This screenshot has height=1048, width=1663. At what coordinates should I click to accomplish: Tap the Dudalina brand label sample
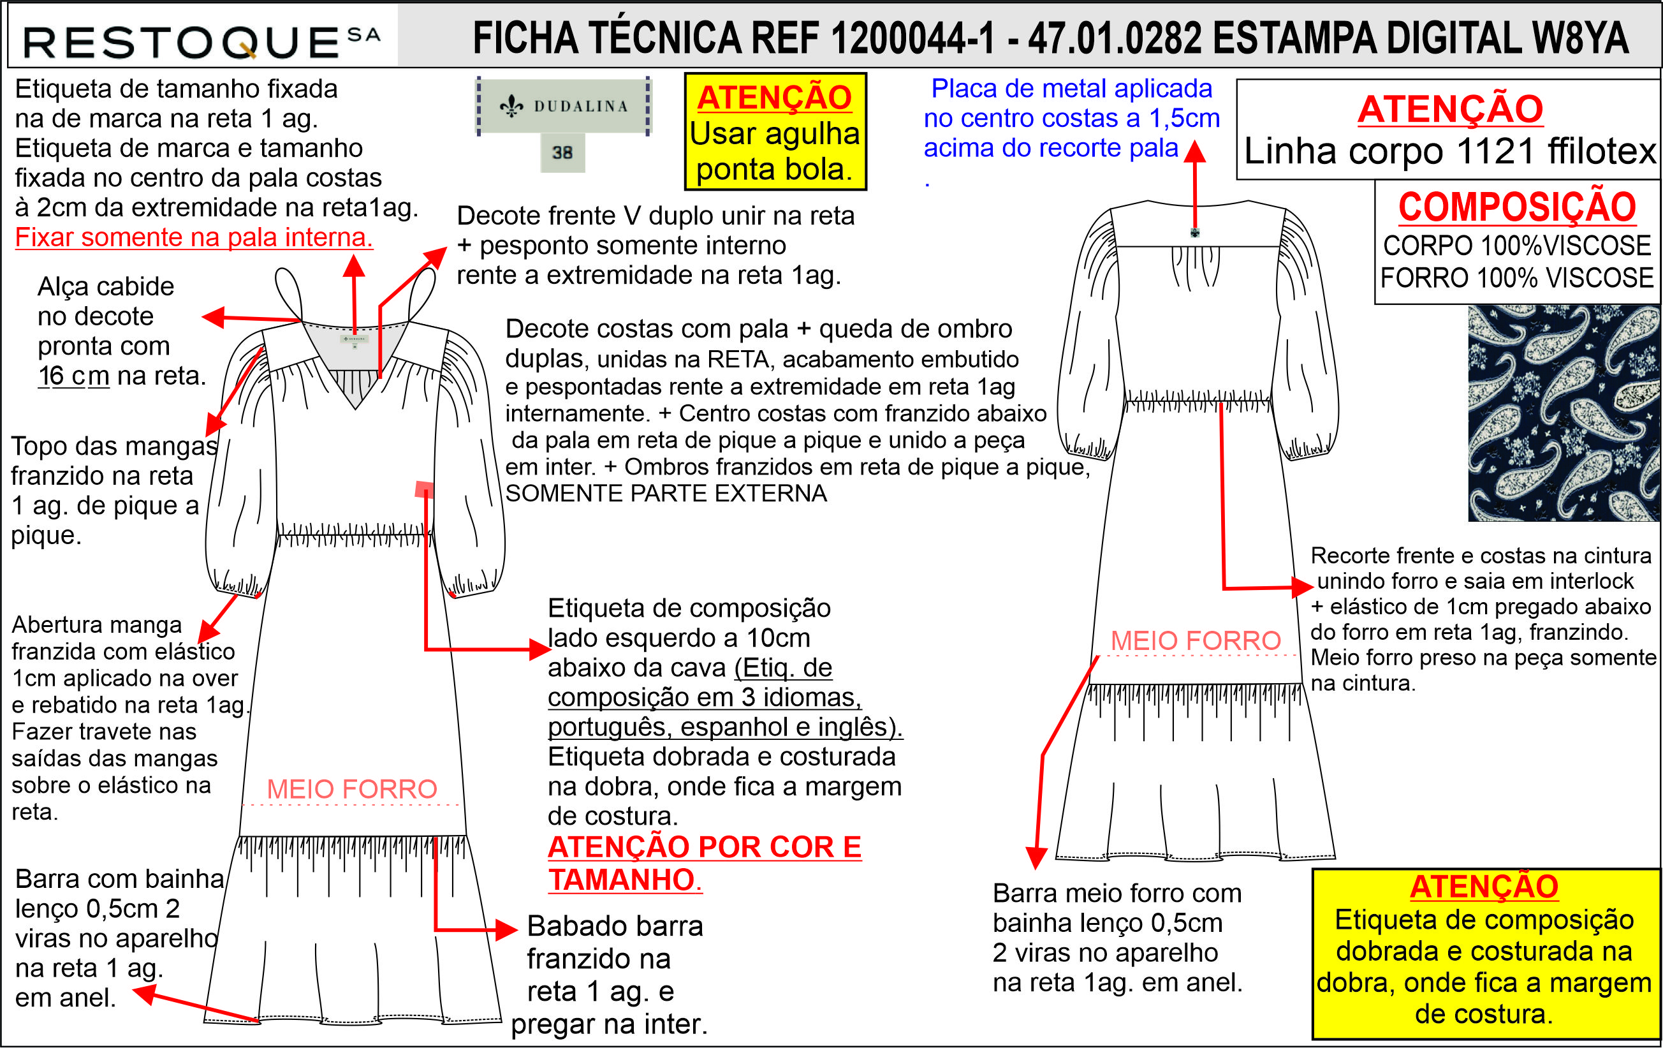point(563,106)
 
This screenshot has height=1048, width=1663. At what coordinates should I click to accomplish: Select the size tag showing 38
point(562,152)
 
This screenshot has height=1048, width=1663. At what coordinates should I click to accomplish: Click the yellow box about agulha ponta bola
point(775,132)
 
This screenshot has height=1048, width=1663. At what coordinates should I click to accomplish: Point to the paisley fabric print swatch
point(1564,413)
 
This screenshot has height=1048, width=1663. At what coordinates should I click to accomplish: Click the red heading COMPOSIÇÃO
point(1516,207)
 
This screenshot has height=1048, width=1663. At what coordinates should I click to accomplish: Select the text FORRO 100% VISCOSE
point(1516,277)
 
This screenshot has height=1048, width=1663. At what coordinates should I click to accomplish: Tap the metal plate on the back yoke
point(1195,233)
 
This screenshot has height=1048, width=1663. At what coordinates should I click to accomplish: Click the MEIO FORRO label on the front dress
point(351,789)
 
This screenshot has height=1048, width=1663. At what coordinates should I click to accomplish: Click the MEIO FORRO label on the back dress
point(1196,640)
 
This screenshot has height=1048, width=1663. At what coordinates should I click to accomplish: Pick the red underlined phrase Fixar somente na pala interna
point(194,237)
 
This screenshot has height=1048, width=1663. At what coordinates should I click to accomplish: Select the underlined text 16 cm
point(73,376)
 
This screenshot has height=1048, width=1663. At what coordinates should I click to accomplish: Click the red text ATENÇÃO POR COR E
point(705,847)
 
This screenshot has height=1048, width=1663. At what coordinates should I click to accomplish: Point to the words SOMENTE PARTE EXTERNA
point(666,493)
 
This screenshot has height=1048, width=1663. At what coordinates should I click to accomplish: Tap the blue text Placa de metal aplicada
point(1071,89)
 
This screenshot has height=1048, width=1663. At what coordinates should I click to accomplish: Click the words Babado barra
point(615,926)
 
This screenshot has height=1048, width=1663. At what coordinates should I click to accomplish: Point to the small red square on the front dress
point(424,490)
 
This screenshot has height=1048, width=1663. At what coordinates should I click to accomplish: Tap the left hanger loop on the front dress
point(288,293)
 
